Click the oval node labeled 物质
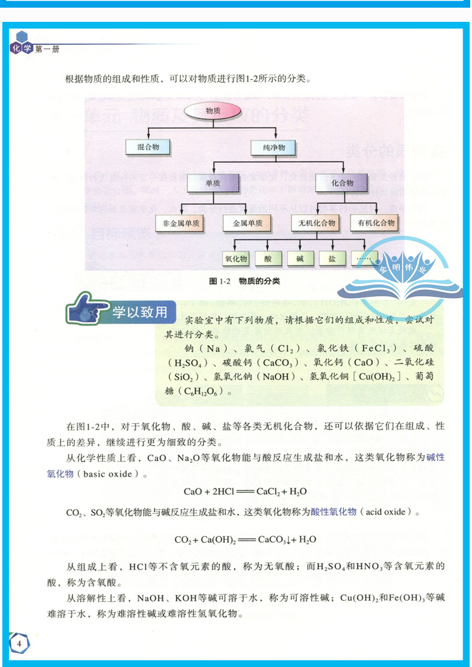coord(212,111)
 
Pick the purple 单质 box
coord(213,184)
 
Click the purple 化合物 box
coord(342,184)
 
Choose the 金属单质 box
coord(247,223)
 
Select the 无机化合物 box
coord(316,223)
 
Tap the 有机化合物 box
coord(373,223)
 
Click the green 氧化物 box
coord(236,259)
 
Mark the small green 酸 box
coord(268,259)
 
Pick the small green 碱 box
coord(300,259)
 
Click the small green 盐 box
coord(332,259)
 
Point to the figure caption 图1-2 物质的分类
coord(244,282)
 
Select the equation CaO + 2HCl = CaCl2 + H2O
coord(245,491)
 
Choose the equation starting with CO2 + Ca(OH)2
coord(245,539)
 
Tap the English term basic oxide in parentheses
coord(110,474)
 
